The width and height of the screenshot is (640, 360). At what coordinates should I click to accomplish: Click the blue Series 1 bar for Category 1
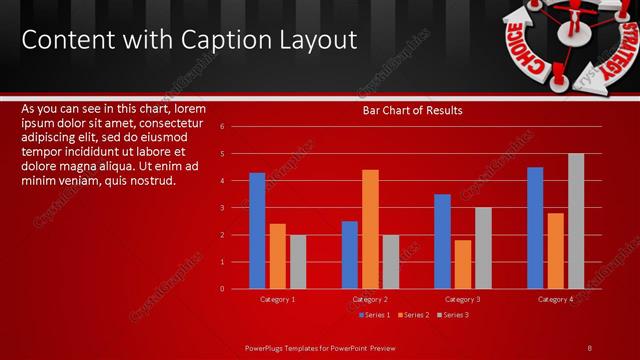[x=257, y=230]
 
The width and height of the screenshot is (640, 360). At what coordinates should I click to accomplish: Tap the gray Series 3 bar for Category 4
[x=576, y=221]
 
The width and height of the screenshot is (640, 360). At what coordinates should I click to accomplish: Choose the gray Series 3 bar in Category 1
[x=298, y=261]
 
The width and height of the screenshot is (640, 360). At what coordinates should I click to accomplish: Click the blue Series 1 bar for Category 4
[x=535, y=227]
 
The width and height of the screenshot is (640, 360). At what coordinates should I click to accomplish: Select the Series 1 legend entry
[x=374, y=315]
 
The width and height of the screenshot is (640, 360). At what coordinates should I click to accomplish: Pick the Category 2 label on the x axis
[x=370, y=299]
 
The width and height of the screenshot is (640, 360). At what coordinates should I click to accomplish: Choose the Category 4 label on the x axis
[x=555, y=299]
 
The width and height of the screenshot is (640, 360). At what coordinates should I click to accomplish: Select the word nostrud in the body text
[x=153, y=181]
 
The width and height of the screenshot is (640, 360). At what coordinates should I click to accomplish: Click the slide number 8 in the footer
[x=589, y=347]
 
